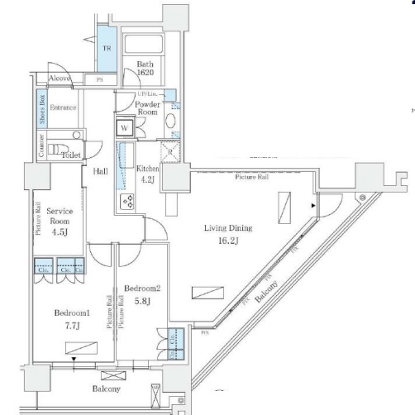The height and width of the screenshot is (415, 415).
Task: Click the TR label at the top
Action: coord(107,48)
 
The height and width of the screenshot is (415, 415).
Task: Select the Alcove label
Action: coord(59,79)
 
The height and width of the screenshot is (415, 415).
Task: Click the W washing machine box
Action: coord(124,128)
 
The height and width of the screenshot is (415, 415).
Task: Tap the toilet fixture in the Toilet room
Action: coord(56,150)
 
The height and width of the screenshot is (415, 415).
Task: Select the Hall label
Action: coord(100,171)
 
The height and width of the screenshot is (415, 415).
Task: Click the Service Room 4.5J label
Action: coord(60,221)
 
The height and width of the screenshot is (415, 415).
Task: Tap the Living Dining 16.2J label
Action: coord(230,234)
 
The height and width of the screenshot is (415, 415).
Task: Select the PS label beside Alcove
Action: coord(100,80)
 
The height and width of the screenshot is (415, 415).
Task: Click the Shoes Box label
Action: coord(41,108)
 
